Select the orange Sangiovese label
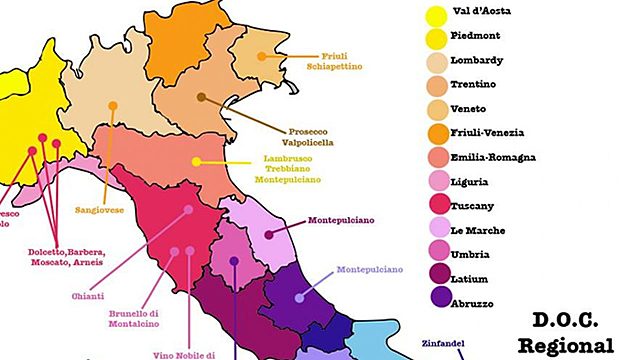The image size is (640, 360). click(x=99, y=211)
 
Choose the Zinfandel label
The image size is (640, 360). click(x=443, y=344)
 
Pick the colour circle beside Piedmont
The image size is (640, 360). click(x=435, y=38)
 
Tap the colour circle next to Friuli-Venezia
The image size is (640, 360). click(x=435, y=133)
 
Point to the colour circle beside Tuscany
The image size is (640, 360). click(x=435, y=206)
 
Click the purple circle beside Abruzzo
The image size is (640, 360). click(x=435, y=303)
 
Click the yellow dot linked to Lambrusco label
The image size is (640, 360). click(x=197, y=161)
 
